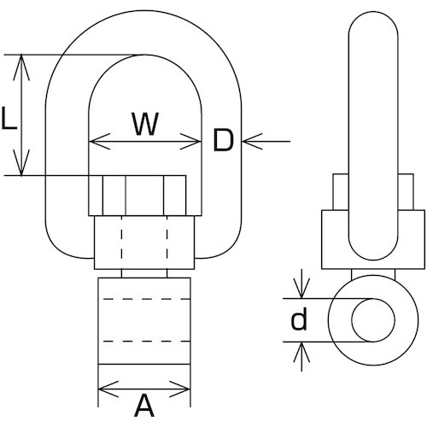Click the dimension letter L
click(9, 119)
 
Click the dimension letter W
click(145, 124)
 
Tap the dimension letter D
click(223, 140)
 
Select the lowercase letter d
click(299, 319)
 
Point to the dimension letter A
click(144, 405)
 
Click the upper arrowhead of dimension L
click(21, 67)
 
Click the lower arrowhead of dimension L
click(21, 163)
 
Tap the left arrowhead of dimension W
click(100, 141)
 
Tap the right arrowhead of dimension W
click(190, 141)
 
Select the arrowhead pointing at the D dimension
click(252, 141)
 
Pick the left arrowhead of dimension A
click(108, 389)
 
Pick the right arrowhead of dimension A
click(179, 389)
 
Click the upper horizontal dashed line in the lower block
click(147, 299)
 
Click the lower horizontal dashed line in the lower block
click(147, 341)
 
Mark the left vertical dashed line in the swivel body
click(121, 237)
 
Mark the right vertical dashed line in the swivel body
click(167, 237)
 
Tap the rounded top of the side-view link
click(373, 12)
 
